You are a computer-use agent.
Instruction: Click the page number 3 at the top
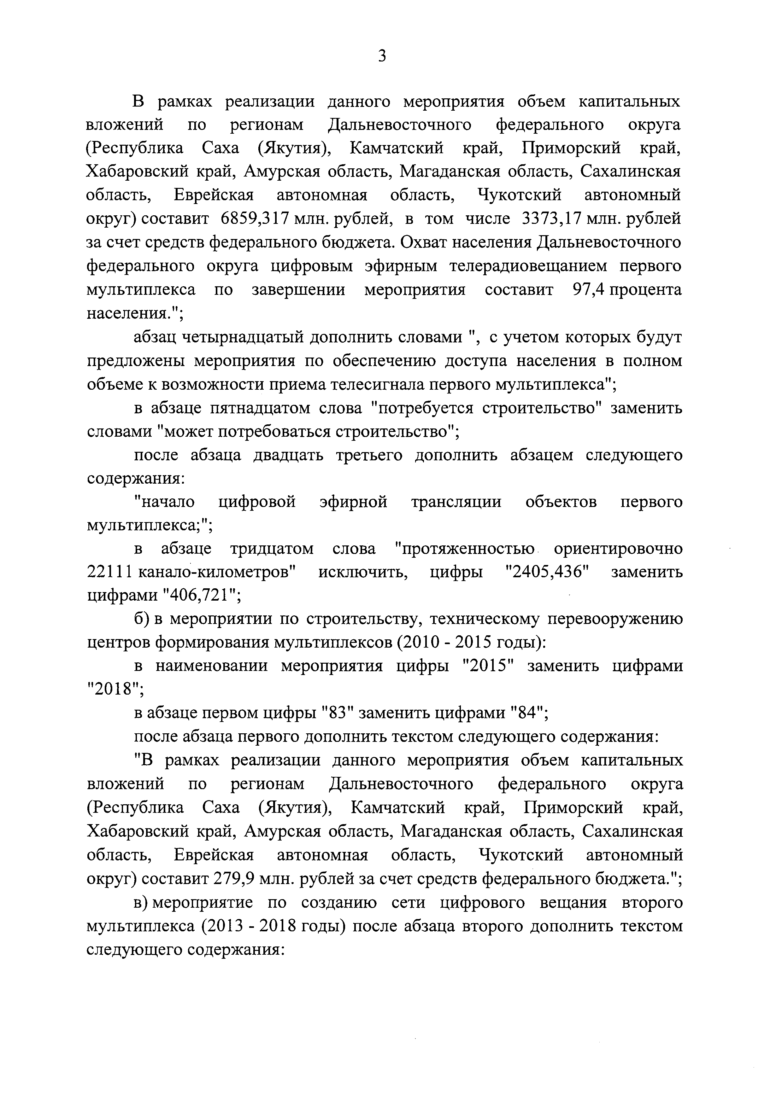(x=382, y=57)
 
